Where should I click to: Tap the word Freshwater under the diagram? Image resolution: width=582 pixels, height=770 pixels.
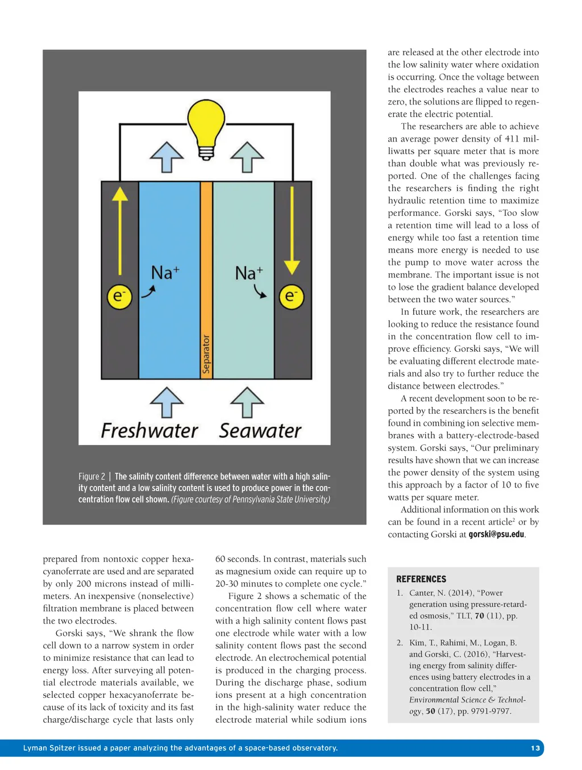point(149,431)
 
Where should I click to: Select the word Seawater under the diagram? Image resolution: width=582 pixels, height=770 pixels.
point(260,431)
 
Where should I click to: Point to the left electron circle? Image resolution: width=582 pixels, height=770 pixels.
point(119,297)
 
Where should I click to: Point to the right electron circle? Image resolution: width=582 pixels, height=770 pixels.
point(291,297)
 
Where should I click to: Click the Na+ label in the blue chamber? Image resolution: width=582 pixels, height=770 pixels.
point(165,273)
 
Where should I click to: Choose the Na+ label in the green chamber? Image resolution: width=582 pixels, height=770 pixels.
point(249,273)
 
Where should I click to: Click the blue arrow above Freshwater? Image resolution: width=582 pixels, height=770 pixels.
point(167,402)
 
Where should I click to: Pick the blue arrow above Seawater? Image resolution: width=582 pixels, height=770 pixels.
point(247,402)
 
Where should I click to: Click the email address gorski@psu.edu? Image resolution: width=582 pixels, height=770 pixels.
point(496,535)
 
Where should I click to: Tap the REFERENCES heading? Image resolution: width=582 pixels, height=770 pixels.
point(421,579)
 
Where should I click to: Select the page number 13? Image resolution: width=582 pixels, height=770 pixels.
point(535,748)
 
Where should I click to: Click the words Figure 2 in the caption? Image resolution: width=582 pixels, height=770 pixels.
point(92,477)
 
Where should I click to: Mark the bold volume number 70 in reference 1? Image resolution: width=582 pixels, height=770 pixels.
point(480,615)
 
